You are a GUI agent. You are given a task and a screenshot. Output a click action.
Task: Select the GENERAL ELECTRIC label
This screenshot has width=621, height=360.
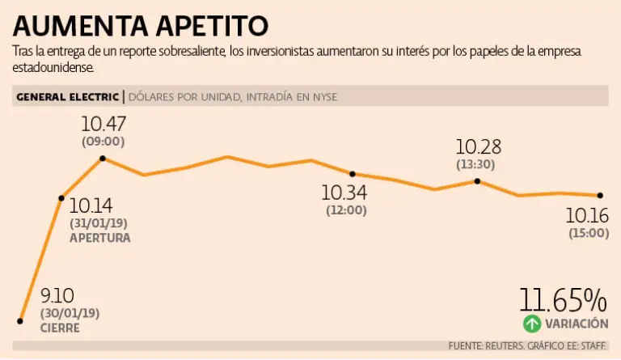[x=67, y=97]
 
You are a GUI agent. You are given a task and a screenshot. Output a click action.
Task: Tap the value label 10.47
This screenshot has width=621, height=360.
[x=103, y=125]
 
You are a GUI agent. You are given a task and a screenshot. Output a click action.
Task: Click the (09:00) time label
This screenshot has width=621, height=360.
[x=103, y=141]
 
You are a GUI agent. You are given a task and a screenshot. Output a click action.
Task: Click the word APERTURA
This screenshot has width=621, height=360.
[x=99, y=239]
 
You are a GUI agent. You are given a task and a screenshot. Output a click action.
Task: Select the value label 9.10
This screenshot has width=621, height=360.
[x=56, y=297]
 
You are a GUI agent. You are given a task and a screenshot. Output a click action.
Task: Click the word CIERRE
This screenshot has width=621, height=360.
[x=60, y=328]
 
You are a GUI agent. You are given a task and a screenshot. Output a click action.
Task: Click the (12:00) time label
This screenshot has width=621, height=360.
[x=346, y=210]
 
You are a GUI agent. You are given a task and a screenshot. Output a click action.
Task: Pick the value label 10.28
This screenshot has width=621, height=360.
[x=479, y=147]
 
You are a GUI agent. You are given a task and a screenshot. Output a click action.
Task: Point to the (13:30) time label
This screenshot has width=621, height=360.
[x=477, y=164]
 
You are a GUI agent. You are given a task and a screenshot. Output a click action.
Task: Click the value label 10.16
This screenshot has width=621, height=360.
[x=587, y=216]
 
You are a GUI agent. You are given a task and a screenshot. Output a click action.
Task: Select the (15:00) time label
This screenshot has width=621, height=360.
[x=587, y=233]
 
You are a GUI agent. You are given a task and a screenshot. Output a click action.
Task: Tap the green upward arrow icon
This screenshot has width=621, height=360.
[x=530, y=324]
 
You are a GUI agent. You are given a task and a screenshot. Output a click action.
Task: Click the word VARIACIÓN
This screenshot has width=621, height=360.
[x=577, y=324]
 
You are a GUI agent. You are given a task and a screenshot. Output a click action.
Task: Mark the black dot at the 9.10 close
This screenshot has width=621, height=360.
[x=19, y=321]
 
